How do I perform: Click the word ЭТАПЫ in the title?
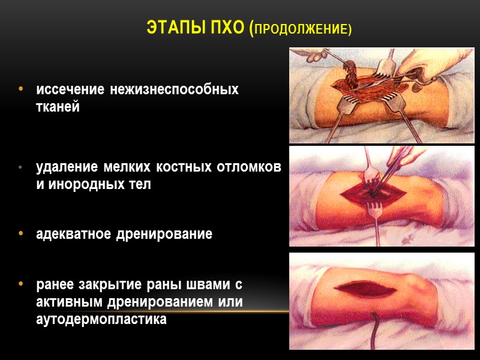173,28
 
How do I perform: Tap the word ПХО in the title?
225,28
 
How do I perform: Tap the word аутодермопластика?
101,320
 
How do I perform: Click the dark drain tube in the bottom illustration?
374,335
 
